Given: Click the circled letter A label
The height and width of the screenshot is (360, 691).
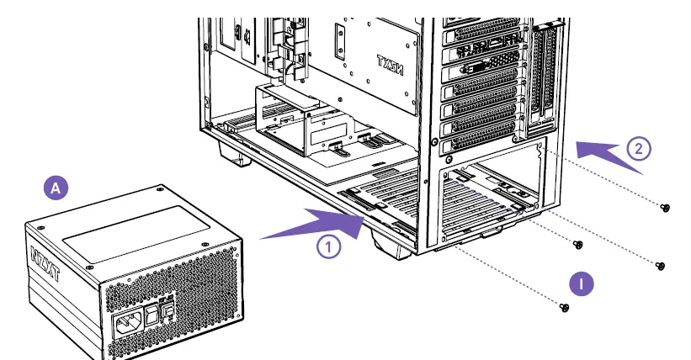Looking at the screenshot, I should tap(56, 188).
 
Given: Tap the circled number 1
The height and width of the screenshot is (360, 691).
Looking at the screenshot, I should tap(329, 246).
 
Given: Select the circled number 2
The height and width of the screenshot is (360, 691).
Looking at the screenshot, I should tap(639, 150).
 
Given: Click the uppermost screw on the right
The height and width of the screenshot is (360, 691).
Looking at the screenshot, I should tap(666, 207).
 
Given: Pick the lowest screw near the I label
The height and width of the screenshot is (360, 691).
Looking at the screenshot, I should tap(566, 308).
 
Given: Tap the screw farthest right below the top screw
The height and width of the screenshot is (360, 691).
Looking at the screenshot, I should tap(660, 266).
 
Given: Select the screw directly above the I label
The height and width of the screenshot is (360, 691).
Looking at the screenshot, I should tap(577, 245).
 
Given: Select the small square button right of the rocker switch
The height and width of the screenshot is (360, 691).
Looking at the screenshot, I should tap(169, 311).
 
